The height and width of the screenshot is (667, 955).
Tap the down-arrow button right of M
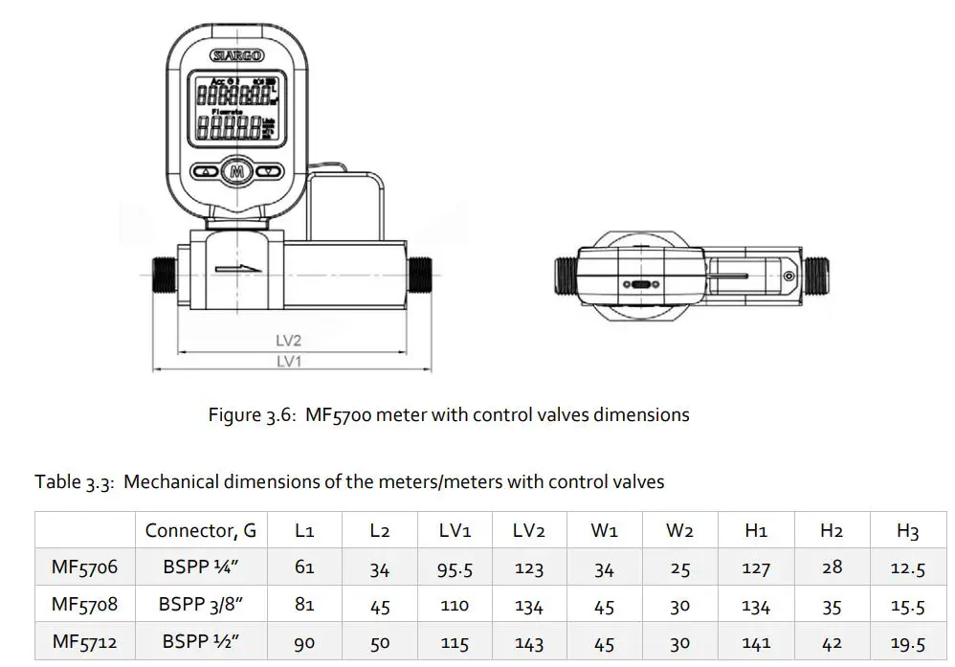270,173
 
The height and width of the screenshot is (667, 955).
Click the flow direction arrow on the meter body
238,269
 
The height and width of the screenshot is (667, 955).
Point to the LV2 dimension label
288,341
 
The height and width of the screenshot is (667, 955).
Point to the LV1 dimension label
288,362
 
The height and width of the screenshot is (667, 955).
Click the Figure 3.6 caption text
449,415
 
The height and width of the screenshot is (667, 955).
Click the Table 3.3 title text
349,481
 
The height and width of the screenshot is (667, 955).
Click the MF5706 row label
84,567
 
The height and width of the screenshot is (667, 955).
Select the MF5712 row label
84,642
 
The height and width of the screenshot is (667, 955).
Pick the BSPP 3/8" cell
200,605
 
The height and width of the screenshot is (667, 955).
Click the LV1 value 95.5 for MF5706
455,568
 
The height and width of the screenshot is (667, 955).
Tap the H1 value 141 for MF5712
756,643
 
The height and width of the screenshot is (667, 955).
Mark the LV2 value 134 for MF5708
528,606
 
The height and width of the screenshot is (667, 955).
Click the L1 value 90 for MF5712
304,642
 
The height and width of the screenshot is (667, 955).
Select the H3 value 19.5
906,643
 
